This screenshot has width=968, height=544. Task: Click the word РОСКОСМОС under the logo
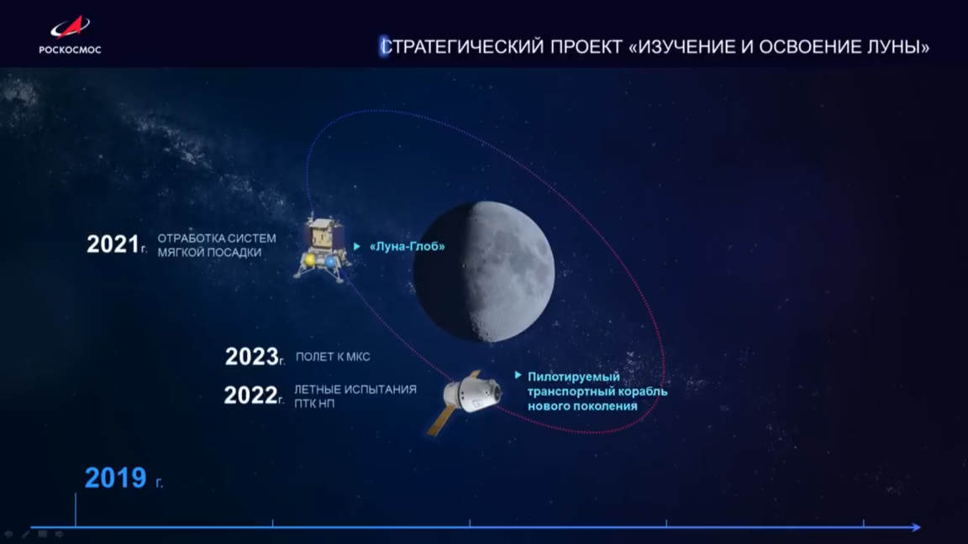70,50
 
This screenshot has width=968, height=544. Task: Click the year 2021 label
112,244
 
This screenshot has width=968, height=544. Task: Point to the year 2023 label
250,357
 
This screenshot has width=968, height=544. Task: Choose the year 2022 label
250,395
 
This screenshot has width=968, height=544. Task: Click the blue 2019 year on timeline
115,478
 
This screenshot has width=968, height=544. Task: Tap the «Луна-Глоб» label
408,247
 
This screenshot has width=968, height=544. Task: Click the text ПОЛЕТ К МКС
333,357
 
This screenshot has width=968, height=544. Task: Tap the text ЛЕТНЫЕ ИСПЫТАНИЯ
355,390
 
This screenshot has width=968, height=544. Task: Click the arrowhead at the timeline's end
916,527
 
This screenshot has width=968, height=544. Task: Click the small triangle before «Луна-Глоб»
356,247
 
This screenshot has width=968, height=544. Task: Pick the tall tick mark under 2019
76,510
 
